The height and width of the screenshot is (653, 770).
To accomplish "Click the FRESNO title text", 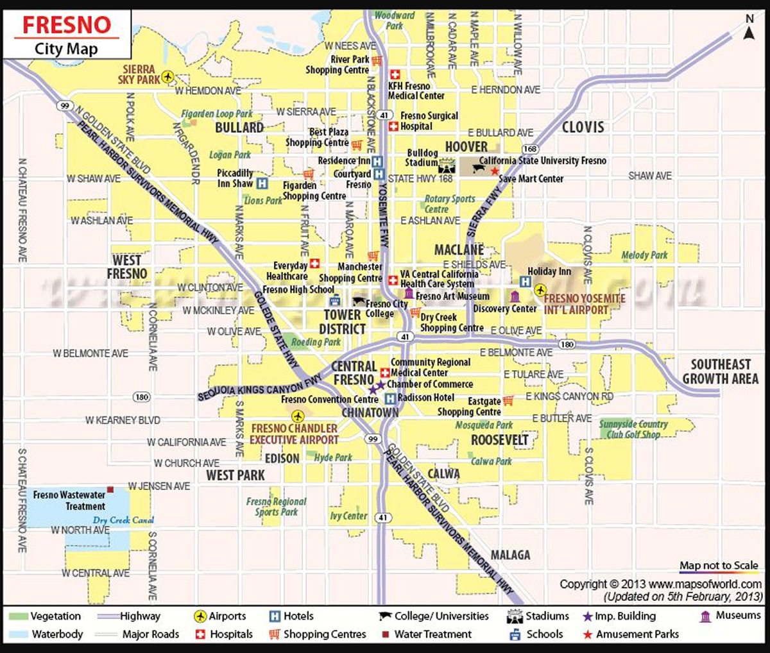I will (x=67, y=24).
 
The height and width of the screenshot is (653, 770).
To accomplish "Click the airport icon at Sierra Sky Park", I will (x=168, y=77).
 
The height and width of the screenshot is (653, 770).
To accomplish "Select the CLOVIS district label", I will (x=583, y=127).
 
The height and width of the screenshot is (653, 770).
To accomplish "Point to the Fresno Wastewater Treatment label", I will (x=69, y=500).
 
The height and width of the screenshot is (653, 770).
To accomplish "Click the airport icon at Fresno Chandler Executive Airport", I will (x=296, y=416).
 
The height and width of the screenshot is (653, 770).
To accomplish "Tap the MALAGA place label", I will (x=510, y=554).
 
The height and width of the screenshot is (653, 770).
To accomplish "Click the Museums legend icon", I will (x=706, y=616).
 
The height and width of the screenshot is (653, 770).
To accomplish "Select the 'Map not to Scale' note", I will (x=719, y=565).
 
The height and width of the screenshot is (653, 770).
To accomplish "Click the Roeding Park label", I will (x=316, y=342).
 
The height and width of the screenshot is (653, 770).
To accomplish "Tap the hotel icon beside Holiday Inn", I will (x=525, y=282).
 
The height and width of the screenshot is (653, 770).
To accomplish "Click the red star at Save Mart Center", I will (x=494, y=171).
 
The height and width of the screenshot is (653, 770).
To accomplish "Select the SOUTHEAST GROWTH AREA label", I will (x=720, y=371).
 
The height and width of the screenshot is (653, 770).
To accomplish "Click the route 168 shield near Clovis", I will (x=530, y=149).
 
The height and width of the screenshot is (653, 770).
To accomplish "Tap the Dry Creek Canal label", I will (x=123, y=520).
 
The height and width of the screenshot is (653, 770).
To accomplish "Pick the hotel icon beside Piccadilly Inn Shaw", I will (x=262, y=183).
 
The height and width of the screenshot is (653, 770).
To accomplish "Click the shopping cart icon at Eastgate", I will (x=508, y=401).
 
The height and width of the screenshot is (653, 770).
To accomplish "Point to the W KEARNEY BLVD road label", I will (x=123, y=420).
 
